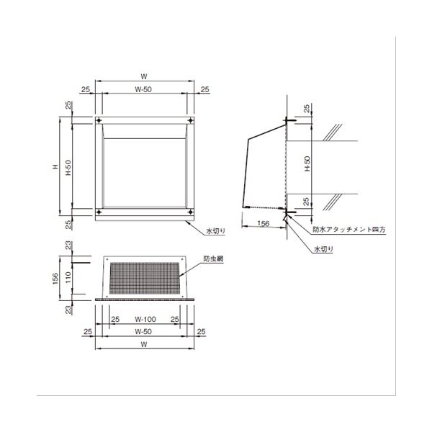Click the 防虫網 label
[x=213, y=258]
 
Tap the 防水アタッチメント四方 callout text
[x=349, y=229]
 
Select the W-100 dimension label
[x=145, y=319]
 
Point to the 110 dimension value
[x=68, y=277]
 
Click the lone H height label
[x=55, y=166]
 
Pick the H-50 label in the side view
[x=307, y=163]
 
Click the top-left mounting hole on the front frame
[x=99, y=120]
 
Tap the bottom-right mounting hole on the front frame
[x=190, y=212]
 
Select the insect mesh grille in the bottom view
[x=145, y=278]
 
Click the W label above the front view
[x=144, y=76]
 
